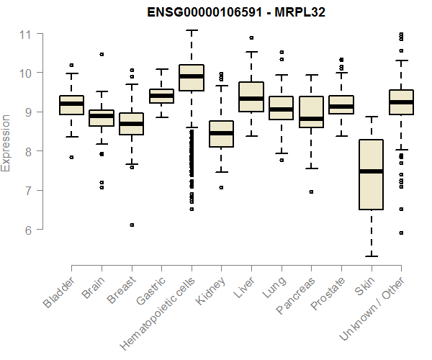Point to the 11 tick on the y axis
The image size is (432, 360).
26,34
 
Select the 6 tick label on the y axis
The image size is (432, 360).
26,230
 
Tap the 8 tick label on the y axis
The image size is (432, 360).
26,151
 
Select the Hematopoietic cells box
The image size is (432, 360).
192,78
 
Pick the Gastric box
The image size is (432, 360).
161,96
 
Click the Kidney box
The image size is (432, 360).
221,134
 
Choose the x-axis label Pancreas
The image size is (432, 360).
297,296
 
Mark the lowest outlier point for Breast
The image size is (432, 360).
132,225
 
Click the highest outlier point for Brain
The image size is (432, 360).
102,54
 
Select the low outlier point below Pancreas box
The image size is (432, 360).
311,192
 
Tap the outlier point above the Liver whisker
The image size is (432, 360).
251,37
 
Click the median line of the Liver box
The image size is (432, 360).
251,99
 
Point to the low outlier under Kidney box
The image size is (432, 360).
221,187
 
